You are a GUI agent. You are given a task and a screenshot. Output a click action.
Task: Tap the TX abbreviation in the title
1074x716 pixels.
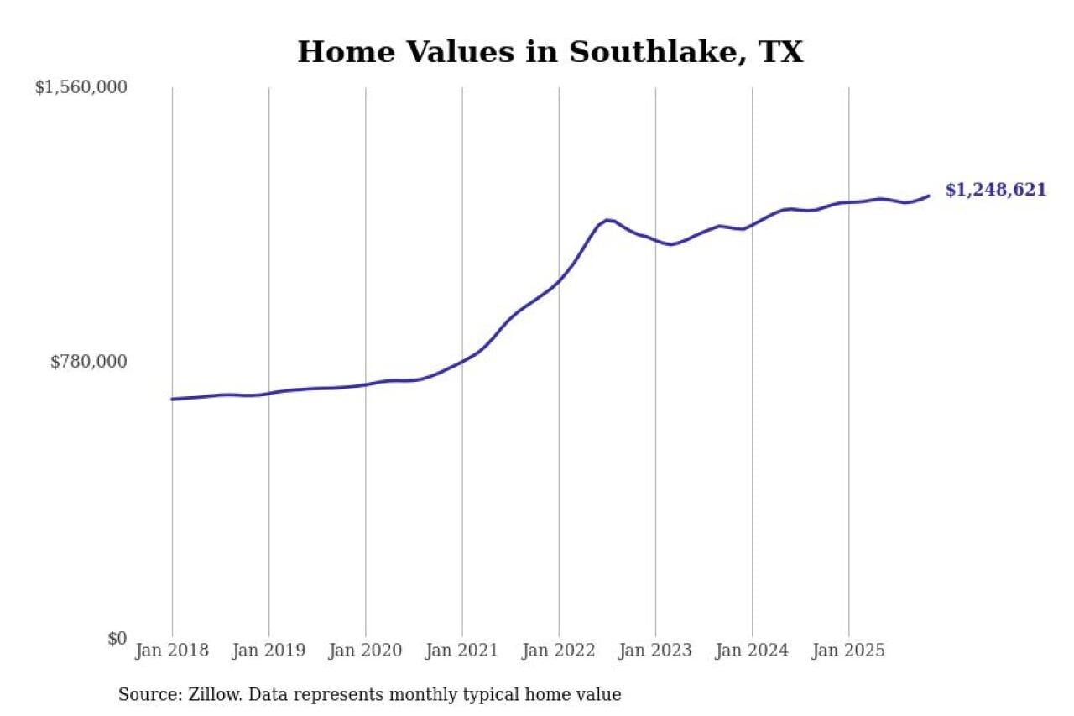coord(780,52)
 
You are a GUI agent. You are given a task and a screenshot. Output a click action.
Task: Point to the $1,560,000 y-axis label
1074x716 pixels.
coord(81,87)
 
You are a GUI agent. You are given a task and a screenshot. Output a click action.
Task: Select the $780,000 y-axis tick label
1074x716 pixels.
coord(89,362)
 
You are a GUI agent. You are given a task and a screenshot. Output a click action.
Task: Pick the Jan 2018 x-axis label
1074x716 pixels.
coord(172,651)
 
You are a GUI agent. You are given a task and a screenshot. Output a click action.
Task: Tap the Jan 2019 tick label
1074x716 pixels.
coord(268,651)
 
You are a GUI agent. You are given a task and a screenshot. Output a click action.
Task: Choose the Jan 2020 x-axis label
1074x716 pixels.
coord(366,651)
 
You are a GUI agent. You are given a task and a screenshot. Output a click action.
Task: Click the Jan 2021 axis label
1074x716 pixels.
coord(462,651)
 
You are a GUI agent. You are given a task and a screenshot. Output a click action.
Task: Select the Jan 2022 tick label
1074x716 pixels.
coord(559,651)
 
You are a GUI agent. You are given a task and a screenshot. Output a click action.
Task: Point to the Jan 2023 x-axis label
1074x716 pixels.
coord(655,651)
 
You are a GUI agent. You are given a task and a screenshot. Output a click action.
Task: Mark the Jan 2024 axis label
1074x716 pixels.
coord(752,651)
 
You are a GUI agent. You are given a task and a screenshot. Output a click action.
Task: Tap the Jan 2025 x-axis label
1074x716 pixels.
coord(849,651)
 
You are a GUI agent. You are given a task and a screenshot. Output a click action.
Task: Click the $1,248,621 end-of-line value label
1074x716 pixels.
coord(996,190)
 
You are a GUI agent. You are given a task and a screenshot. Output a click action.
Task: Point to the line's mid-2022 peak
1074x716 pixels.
coord(607,220)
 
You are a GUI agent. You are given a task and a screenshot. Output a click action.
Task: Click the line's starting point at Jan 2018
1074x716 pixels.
coord(172,399)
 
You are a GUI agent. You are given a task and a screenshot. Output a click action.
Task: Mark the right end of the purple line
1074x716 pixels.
coord(928,196)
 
